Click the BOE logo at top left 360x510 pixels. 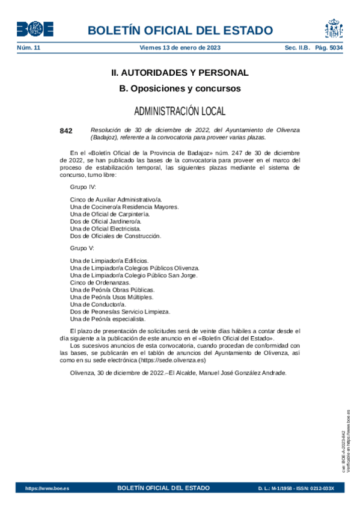(35, 29)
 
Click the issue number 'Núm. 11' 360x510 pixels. (28, 48)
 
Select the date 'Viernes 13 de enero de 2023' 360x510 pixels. (180, 48)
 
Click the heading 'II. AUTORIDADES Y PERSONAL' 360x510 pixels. (180, 73)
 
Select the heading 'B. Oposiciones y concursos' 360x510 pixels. (180, 88)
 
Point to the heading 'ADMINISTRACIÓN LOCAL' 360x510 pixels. (180, 111)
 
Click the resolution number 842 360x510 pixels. (66, 131)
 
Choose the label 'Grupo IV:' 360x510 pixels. (84, 187)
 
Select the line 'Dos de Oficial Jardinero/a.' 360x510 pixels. (106, 221)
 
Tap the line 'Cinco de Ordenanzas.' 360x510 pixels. (100, 283)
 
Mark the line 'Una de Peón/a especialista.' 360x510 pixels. (108, 319)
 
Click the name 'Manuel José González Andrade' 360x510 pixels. (240, 372)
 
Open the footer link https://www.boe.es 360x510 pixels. (47, 488)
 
